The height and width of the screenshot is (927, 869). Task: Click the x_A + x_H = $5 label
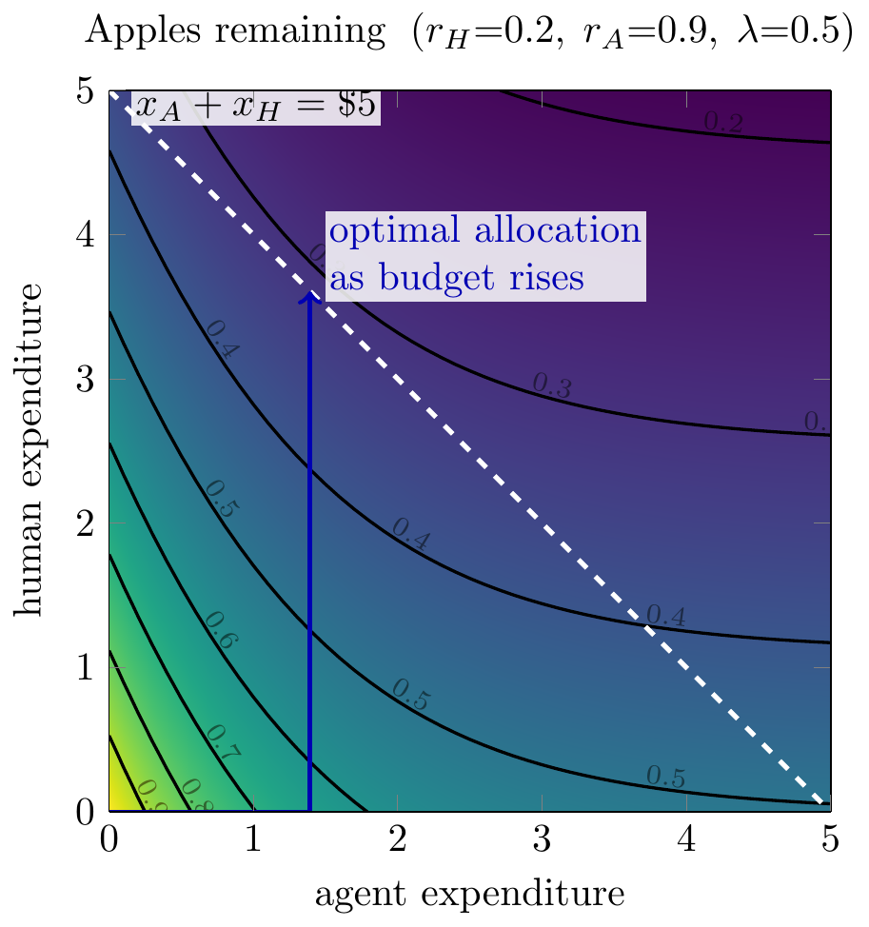click(255, 107)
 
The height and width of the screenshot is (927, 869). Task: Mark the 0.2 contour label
click(722, 122)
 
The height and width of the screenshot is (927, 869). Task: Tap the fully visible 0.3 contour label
click(552, 385)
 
